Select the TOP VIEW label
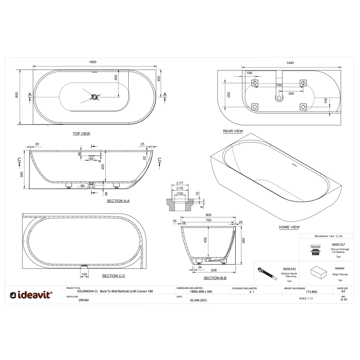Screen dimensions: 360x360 [x=81, y=133]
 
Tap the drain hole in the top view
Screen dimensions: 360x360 [x=94, y=96]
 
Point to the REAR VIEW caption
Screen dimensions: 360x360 [x=233, y=131]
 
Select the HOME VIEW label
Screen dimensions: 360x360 [x=289, y=227]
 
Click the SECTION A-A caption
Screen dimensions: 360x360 [x=118, y=201]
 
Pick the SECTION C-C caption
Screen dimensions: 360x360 [x=113, y=276]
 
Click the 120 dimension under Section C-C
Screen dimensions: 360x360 [x=84, y=274]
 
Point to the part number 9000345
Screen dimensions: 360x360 [x=289, y=269]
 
